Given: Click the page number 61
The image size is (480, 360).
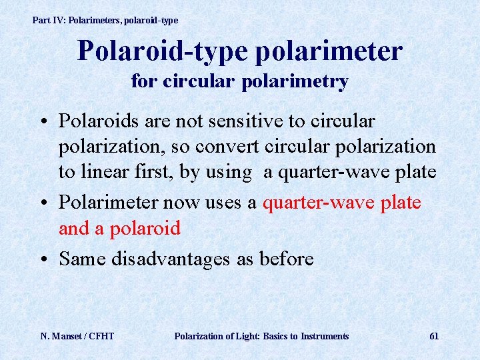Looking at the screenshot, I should (x=433, y=336).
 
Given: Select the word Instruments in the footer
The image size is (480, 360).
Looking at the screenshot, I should (x=325, y=336).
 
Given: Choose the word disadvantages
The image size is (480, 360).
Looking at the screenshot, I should (x=175, y=258).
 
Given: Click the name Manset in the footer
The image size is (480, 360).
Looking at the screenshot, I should (x=69, y=336).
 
